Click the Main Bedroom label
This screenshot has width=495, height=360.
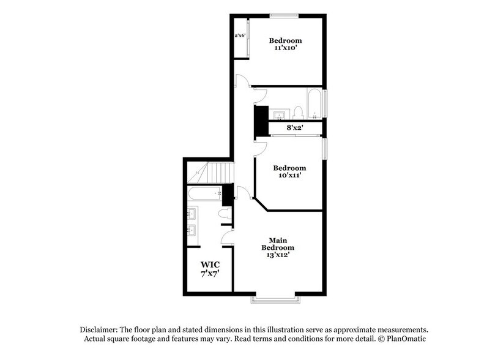click(278, 244)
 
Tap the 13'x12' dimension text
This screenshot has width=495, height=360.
click(278, 255)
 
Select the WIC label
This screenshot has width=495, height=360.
click(210, 265)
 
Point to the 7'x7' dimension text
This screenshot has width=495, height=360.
click(210, 275)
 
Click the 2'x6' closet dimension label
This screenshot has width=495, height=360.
click(240, 36)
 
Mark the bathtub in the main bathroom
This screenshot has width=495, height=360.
click(206, 195)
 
